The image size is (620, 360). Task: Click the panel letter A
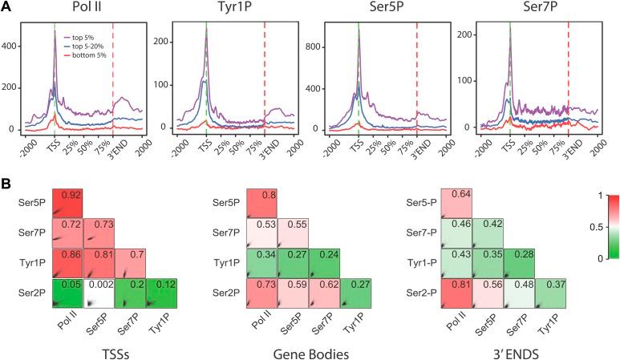click(x=6, y=7)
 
